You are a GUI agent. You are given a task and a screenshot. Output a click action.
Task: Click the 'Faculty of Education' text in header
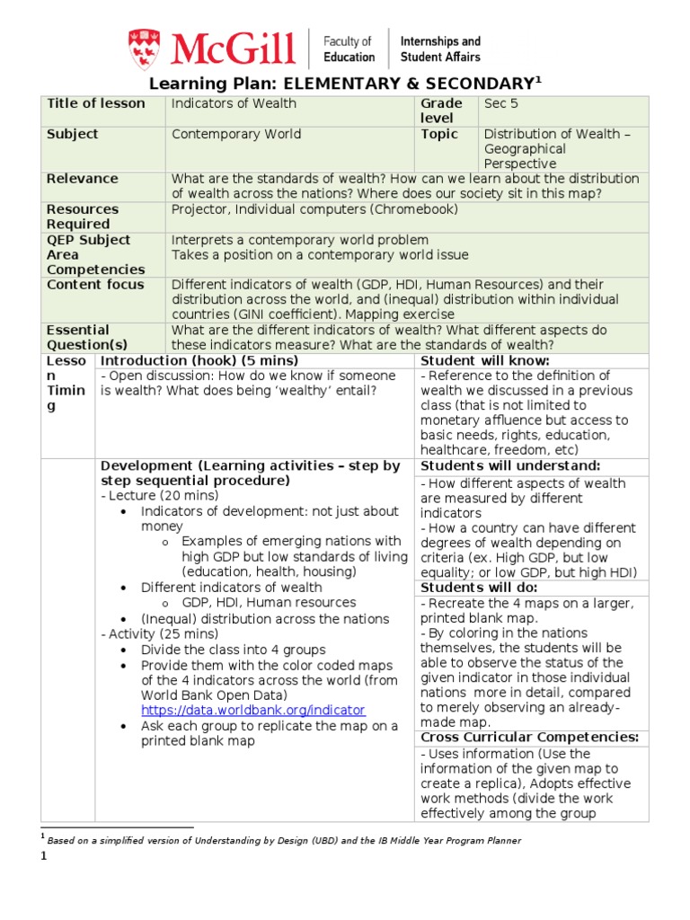pos(349,49)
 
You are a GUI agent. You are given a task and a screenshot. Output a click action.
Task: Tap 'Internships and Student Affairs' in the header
pos(439,49)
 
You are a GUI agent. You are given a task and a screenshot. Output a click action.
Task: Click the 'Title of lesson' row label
pos(95,103)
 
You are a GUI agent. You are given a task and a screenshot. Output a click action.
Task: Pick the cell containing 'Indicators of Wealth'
pos(234,103)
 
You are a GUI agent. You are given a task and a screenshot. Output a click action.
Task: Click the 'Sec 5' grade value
pos(501,103)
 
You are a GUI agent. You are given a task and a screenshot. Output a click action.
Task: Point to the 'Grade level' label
pos(440,111)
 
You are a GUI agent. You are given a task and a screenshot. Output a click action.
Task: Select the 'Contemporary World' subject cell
pos(236,134)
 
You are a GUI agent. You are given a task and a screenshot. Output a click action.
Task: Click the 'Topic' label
pos(438,134)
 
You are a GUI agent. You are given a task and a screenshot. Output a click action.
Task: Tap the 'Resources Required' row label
pos(82,217)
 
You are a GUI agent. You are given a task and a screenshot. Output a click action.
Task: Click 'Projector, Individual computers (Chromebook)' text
pos(314,209)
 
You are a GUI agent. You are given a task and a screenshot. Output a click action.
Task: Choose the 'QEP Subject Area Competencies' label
pos(95,254)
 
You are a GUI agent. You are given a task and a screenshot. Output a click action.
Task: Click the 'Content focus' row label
pos(95,285)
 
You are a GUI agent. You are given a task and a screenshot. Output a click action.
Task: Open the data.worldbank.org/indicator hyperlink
pos(253,710)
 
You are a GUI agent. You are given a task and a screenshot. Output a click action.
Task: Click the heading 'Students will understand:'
pos(509,465)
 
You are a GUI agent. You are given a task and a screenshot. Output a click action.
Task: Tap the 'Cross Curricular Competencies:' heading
pos(529,738)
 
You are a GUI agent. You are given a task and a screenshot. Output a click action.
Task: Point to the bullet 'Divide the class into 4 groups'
pos(233,650)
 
